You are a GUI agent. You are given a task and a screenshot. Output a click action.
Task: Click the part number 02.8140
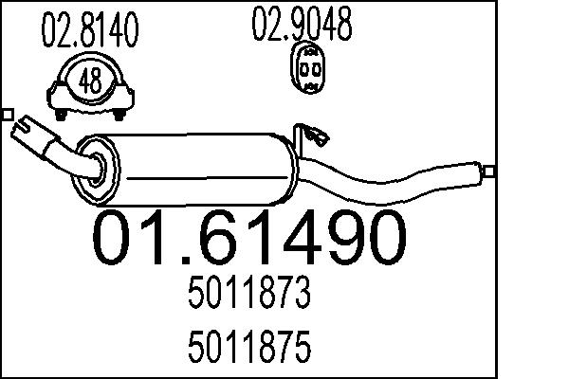pos(91,31)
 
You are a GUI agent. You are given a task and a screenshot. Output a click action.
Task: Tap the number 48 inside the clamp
pos(91,82)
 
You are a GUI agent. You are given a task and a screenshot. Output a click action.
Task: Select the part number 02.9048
pos(302,26)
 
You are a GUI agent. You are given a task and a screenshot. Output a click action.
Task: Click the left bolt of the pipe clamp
pos(61,115)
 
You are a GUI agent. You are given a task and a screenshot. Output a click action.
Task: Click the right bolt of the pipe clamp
pos(121,115)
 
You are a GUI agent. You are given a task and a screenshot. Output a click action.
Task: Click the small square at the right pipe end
pos(489,171)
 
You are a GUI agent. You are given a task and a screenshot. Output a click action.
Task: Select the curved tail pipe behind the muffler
pos(398,180)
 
